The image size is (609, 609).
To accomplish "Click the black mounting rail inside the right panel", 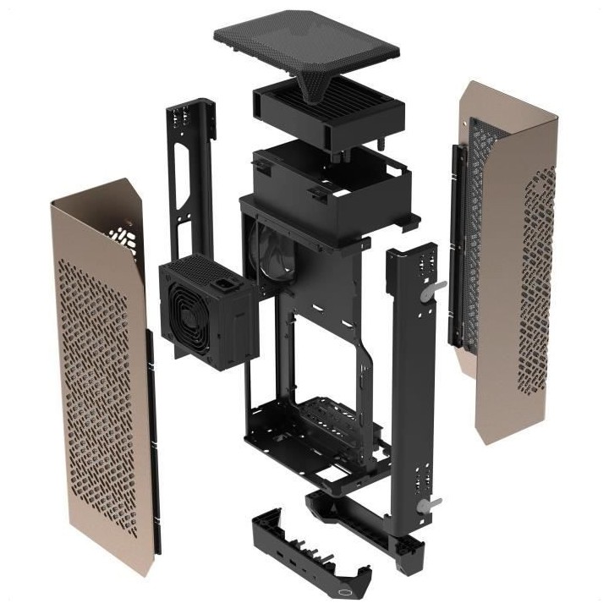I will coord(457,245).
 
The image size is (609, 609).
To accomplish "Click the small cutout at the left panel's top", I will coord(123,233).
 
